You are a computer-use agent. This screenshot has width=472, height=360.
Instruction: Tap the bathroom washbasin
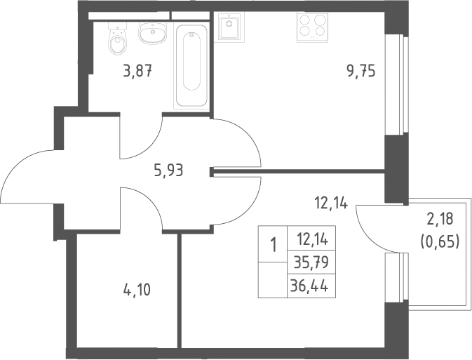pyautogui.click(x=152, y=32)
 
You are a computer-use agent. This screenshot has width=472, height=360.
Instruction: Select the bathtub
pyautogui.click(x=191, y=66)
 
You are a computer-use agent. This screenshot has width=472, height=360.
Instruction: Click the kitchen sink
pyautogui.click(x=229, y=27)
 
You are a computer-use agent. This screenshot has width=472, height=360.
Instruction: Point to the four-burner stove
pyautogui.click(x=312, y=27)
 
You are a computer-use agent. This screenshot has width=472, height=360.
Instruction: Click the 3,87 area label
pyautogui.click(x=137, y=72)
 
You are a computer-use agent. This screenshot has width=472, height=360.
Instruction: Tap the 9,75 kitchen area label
pyautogui.click(x=361, y=72)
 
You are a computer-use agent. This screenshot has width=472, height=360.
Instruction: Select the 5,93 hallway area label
pyautogui.click(x=168, y=171)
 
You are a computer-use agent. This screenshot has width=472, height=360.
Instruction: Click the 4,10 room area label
pyautogui.click(x=137, y=291)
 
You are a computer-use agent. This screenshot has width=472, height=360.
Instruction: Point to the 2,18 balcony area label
pyautogui.click(x=440, y=219)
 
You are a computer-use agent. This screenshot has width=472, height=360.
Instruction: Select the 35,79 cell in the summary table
pyautogui.click(x=311, y=262)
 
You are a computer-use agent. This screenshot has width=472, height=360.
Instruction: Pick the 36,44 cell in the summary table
pyautogui.click(x=311, y=286)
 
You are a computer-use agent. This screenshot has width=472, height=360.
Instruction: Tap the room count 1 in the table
pyautogui.click(x=273, y=244)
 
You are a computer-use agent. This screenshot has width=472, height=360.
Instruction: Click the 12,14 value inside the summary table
pyautogui.click(x=311, y=238)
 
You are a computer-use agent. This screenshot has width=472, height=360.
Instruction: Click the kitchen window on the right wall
pyautogui.click(x=397, y=85)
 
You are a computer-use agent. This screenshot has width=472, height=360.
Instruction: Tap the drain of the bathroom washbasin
pyautogui.click(x=153, y=32)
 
